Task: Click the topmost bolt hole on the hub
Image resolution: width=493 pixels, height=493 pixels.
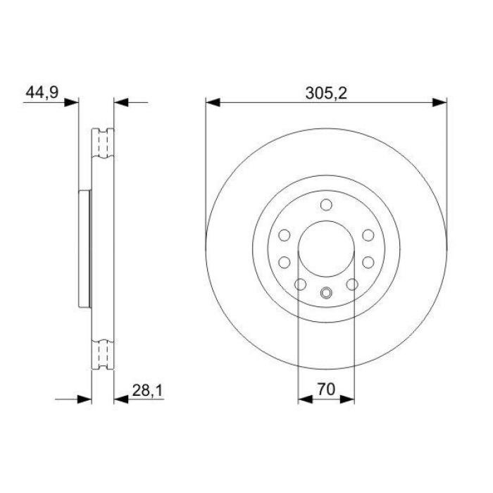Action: tap(325, 205)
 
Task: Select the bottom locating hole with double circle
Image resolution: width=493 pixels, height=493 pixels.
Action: tap(325, 294)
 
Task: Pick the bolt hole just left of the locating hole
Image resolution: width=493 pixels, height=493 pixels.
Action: tap(300, 284)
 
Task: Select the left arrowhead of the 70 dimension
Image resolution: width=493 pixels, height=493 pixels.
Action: tap(305, 399)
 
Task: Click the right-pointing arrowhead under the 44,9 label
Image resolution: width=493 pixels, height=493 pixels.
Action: tap(71, 103)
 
